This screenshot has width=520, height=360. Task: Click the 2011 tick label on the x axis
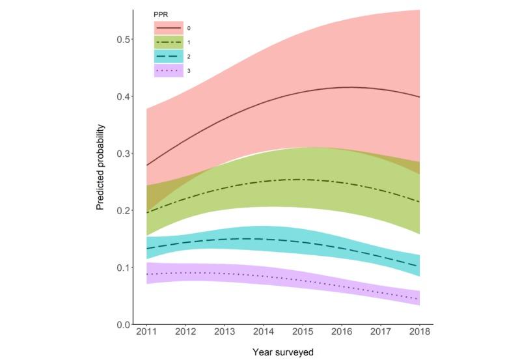click(x=147, y=333)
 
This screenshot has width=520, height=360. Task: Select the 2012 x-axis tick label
click(x=186, y=333)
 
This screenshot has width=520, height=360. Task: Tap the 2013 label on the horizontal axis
click(x=225, y=333)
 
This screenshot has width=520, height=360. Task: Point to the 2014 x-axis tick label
click(x=264, y=333)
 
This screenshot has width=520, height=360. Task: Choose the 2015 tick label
click(x=302, y=333)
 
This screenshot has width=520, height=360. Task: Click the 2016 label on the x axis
click(x=341, y=333)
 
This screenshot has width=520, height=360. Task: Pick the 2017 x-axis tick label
click(x=379, y=333)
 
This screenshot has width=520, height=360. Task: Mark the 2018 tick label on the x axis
click(x=418, y=333)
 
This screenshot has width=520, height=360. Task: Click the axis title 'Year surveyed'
click(x=283, y=352)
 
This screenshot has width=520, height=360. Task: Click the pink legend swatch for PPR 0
click(x=169, y=28)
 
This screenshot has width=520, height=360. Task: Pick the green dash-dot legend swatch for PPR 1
click(x=169, y=42)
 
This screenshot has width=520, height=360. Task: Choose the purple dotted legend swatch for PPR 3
click(x=169, y=70)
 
